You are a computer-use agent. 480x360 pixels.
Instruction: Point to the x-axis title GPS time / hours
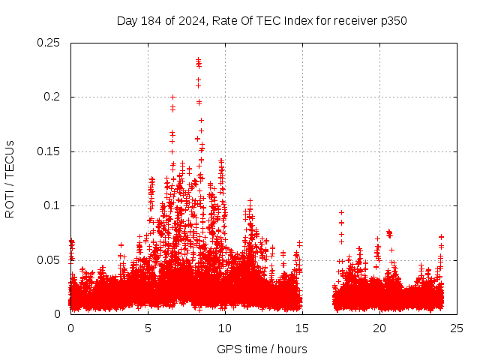(x=262, y=349)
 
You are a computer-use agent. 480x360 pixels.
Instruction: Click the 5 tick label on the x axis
(x=148, y=328)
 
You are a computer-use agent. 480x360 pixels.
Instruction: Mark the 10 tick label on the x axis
(x=225, y=328)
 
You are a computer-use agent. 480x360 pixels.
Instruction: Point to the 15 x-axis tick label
(x=302, y=328)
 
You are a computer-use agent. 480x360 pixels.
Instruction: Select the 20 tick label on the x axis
(x=379, y=328)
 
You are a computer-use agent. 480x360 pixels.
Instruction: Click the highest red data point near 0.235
(x=198, y=60)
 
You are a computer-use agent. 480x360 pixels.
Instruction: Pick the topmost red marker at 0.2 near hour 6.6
(x=172, y=97)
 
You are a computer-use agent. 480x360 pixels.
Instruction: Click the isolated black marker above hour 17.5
(x=341, y=213)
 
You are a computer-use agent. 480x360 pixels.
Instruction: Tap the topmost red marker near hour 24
(x=442, y=237)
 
